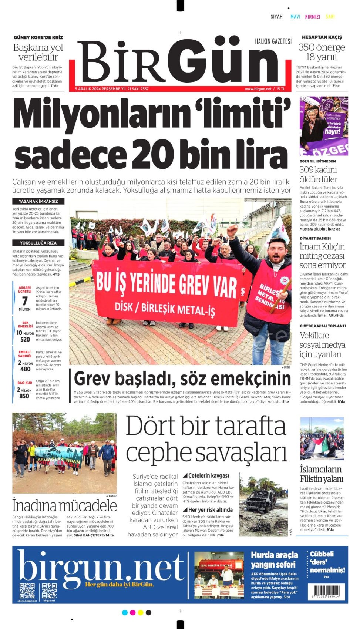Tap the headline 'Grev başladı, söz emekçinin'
(x=182, y=379)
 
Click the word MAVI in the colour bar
(x=295, y=17)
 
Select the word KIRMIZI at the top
(x=312, y=17)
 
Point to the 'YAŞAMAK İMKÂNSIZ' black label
(x=38, y=201)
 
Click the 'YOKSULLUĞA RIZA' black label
(x=38, y=243)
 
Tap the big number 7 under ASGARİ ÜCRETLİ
(x=25, y=301)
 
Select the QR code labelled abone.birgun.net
(x=27, y=591)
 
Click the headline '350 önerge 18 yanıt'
(x=322, y=52)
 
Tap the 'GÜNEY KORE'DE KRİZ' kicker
(x=38, y=37)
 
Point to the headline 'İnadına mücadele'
(x=64, y=505)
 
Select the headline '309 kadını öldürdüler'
(x=319, y=174)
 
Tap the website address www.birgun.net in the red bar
(x=258, y=89)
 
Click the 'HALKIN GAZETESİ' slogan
(x=273, y=41)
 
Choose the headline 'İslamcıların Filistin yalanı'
(x=322, y=474)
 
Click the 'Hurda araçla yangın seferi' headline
(x=274, y=559)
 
